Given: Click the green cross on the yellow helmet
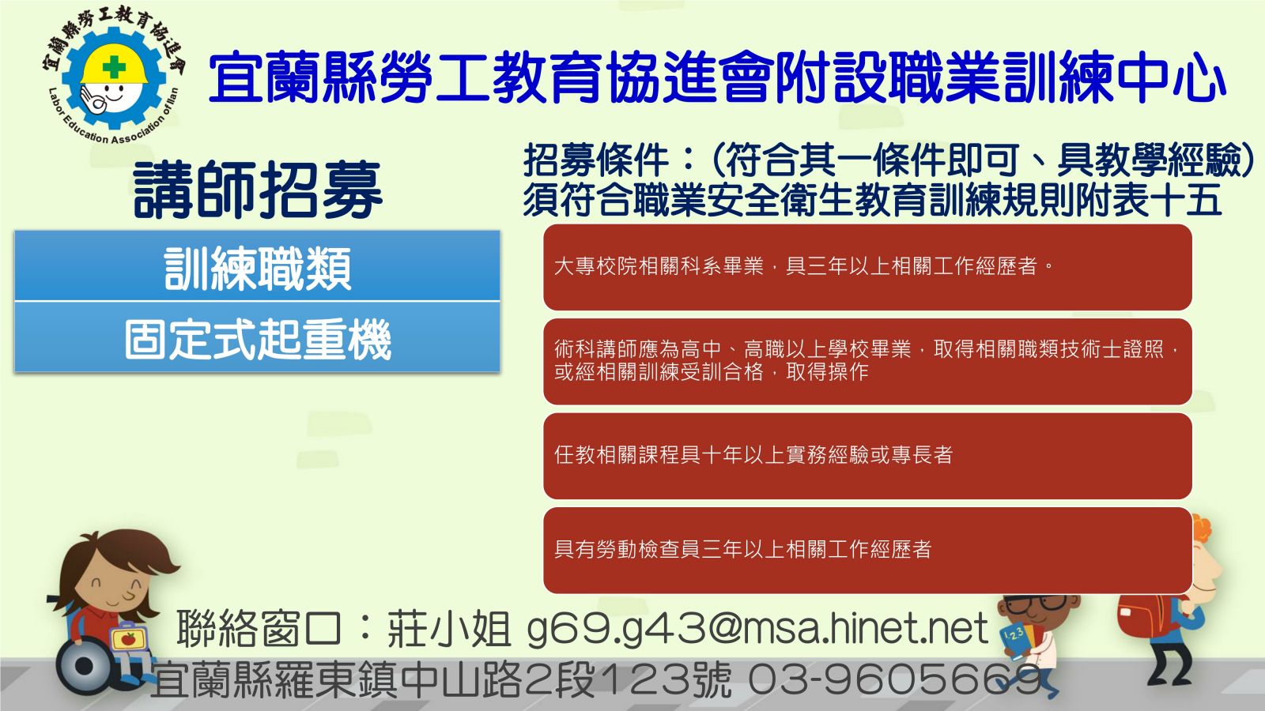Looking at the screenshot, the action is (x=114, y=67).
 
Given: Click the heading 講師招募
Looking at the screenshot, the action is (x=258, y=189).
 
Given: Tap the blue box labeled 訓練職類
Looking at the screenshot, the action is (x=258, y=265).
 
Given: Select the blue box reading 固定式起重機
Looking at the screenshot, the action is (x=258, y=337).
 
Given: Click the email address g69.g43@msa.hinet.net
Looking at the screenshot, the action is (x=757, y=629).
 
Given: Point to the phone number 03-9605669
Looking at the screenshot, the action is (x=895, y=679).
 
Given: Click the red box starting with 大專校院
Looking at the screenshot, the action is (x=867, y=267).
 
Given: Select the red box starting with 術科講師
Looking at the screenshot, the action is (x=867, y=361).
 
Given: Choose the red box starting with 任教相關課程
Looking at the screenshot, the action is (x=867, y=456).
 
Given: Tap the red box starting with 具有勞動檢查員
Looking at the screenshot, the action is (x=867, y=550).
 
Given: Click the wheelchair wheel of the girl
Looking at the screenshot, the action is (x=85, y=666).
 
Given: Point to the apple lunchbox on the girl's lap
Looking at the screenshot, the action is (x=129, y=638).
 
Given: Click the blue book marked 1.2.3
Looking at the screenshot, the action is (x=1015, y=641).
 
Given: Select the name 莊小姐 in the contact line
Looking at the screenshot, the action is (x=449, y=629).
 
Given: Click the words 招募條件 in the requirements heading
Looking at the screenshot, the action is (x=597, y=161).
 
